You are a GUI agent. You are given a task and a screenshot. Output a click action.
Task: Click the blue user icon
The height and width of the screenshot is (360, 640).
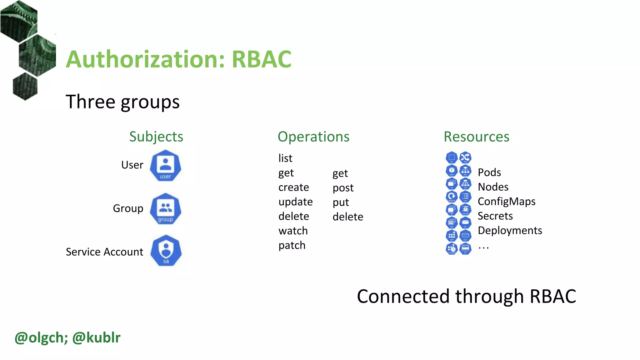(x=165, y=166)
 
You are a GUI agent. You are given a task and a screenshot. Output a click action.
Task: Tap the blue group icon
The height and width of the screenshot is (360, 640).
(x=165, y=209)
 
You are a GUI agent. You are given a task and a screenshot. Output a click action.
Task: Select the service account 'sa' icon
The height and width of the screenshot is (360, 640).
(x=166, y=251)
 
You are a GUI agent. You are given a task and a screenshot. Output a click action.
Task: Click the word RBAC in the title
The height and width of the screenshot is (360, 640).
(x=262, y=59)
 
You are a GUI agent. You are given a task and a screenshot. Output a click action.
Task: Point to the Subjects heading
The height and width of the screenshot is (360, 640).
(x=156, y=137)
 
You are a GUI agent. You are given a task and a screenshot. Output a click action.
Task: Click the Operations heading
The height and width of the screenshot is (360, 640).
(x=313, y=137)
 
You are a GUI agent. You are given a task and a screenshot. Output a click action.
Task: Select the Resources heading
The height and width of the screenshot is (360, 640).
(x=477, y=137)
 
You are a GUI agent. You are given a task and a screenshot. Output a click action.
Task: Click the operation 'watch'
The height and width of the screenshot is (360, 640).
(x=293, y=231)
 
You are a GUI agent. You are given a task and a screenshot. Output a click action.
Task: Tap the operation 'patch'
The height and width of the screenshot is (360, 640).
(x=292, y=245)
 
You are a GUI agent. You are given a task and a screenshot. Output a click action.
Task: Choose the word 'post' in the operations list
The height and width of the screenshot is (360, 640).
(x=343, y=188)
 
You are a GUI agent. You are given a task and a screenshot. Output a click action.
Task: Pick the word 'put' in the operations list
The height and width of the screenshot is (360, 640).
(x=341, y=202)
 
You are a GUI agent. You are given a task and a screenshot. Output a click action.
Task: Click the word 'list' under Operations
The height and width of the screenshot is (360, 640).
(x=285, y=158)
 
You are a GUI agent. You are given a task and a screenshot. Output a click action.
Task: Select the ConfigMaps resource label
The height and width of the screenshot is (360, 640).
(x=507, y=202)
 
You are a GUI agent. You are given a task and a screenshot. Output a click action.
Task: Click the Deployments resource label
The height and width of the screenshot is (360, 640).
(x=510, y=231)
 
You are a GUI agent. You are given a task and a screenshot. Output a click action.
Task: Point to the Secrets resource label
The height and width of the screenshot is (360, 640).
(x=495, y=216)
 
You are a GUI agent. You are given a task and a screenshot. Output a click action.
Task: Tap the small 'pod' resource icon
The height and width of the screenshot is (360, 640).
(x=452, y=171)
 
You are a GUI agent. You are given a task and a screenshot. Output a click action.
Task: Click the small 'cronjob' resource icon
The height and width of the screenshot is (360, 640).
(x=452, y=249)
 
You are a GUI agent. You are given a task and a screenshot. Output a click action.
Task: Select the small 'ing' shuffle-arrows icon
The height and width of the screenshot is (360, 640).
(x=465, y=157)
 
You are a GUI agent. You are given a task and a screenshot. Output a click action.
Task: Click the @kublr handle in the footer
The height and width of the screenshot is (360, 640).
(x=96, y=337)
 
